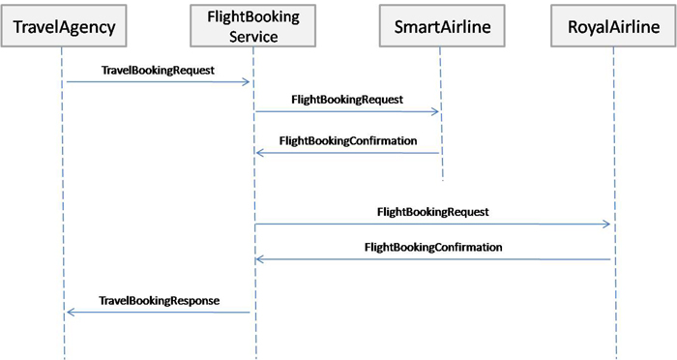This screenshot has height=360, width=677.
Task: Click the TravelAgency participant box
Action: pos(64,27)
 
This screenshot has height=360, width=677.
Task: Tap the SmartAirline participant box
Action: pos(442,27)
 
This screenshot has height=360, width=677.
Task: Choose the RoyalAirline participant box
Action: pos(613,27)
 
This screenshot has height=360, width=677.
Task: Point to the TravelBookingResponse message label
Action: pos(160,301)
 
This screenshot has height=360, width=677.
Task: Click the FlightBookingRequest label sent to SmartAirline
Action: pos(346,99)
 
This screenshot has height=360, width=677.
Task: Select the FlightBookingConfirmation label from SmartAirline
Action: pos(347,140)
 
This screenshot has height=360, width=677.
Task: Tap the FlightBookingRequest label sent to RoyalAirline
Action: pos(432,210)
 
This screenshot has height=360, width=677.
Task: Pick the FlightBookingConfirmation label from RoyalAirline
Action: pos(433,247)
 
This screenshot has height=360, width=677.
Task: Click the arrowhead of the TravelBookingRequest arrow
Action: pos(248,82)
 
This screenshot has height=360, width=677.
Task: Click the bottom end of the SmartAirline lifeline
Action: pos(442,180)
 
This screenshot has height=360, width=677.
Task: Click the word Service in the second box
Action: pos(255,37)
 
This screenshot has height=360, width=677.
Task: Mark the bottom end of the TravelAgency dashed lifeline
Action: pos(64,355)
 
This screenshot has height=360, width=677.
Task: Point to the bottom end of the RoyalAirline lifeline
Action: pos(613,355)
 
